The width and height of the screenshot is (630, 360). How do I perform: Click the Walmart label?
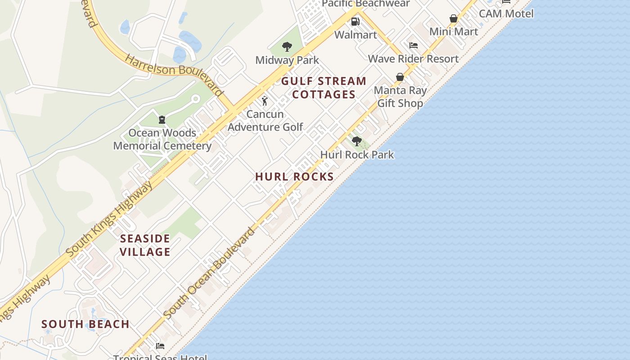pyautogui.click(x=355, y=35)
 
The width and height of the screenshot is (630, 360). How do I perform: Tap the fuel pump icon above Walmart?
pyautogui.click(x=355, y=22)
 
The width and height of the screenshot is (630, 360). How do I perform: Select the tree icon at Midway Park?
pyautogui.click(x=287, y=46)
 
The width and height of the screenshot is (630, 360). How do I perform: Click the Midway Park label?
pyautogui.click(x=287, y=60)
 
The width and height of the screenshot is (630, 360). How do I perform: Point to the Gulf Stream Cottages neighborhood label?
pyautogui.click(x=324, y=88)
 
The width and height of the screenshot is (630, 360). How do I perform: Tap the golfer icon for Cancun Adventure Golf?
pyautogui.click(x=265, y=101)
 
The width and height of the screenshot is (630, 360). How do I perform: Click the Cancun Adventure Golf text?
pyautogui.click(x=265, y=121)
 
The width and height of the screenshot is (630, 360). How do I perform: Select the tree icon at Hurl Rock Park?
pyautogui.click(x=356, y=141)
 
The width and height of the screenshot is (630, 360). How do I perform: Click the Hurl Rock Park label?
pyautogui.click(x=357, y=155)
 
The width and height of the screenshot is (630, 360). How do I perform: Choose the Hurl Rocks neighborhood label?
pyautogui.click(x=294, y=177)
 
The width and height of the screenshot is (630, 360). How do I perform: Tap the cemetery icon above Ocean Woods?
pyautogui.click(x=162, y=120)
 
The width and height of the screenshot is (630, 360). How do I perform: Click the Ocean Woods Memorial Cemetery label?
pyautogui.click(x=162, y=139)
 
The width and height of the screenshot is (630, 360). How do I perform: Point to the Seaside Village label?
pyautogui.click(x=145, y=245)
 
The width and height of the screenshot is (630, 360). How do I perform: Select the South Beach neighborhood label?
pyautogui.click(x=85, y=324)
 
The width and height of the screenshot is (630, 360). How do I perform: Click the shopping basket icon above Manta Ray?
pyautogui.click(x=400, y=77)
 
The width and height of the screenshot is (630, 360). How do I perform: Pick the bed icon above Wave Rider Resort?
pyautogui.click(x=413, y=45)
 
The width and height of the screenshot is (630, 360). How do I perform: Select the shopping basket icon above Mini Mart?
pyautogui.click(x=453, y=19)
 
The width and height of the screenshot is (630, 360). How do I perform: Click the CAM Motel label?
pyautogui.click(x=506, y=13)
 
